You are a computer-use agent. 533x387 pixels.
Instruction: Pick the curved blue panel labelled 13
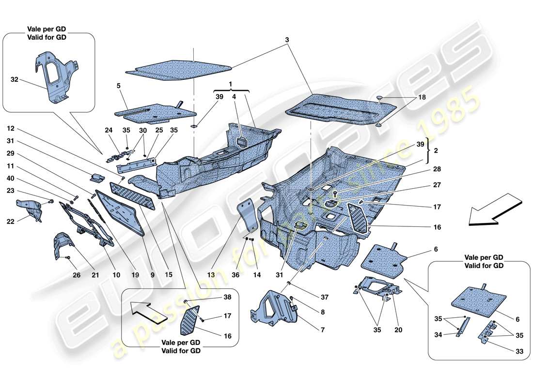(x=249, y=218)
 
